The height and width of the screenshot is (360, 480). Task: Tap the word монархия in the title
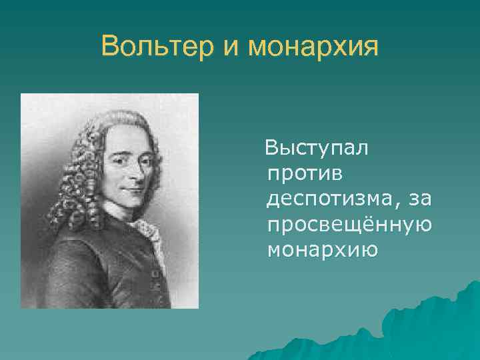click(x=313, y=47)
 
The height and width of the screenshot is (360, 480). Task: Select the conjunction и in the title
click(x=230, y=48)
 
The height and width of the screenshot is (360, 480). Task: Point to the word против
click(x=304, y=173)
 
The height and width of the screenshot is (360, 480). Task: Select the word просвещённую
click(x=348, y=225)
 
